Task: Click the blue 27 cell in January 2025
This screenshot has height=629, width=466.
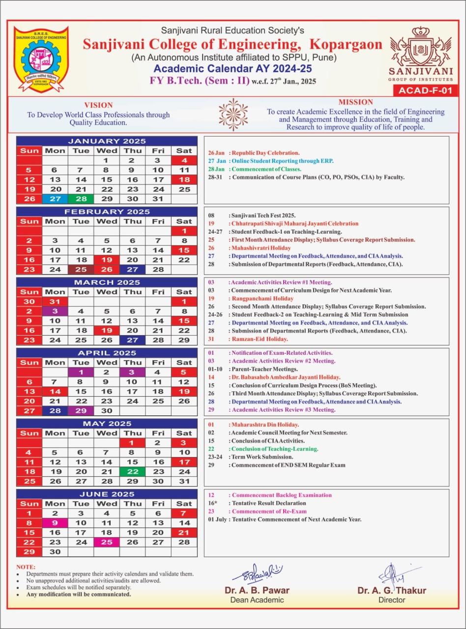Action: click(x=55, y=199)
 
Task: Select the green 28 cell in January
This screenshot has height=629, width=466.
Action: click(x=81, y=199)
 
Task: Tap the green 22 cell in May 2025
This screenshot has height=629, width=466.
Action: click(x=132, y=471)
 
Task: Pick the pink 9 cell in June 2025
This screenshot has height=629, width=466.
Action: click(x=55, y=523)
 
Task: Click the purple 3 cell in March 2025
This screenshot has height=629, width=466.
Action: click(x=55, y=311)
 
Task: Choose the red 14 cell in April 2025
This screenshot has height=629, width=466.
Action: click(x=55, y=391)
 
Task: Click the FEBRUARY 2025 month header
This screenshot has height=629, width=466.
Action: click(x=107, y=211)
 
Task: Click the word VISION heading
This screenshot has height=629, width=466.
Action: click(x=98, y=105)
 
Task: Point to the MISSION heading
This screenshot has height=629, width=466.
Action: click(x=356, y=102)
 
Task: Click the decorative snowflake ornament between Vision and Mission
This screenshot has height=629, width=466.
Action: click(x=233, y=114)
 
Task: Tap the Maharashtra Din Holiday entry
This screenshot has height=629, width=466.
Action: click(x=265, y=425)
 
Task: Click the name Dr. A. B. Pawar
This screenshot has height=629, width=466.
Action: click(x=257, y=590)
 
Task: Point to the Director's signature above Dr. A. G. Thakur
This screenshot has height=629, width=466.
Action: click(x=393, y=573)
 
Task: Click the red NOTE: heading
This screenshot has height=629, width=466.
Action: click(x=26, y=567)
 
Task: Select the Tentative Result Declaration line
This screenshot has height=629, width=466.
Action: click(x=268, y=503)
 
